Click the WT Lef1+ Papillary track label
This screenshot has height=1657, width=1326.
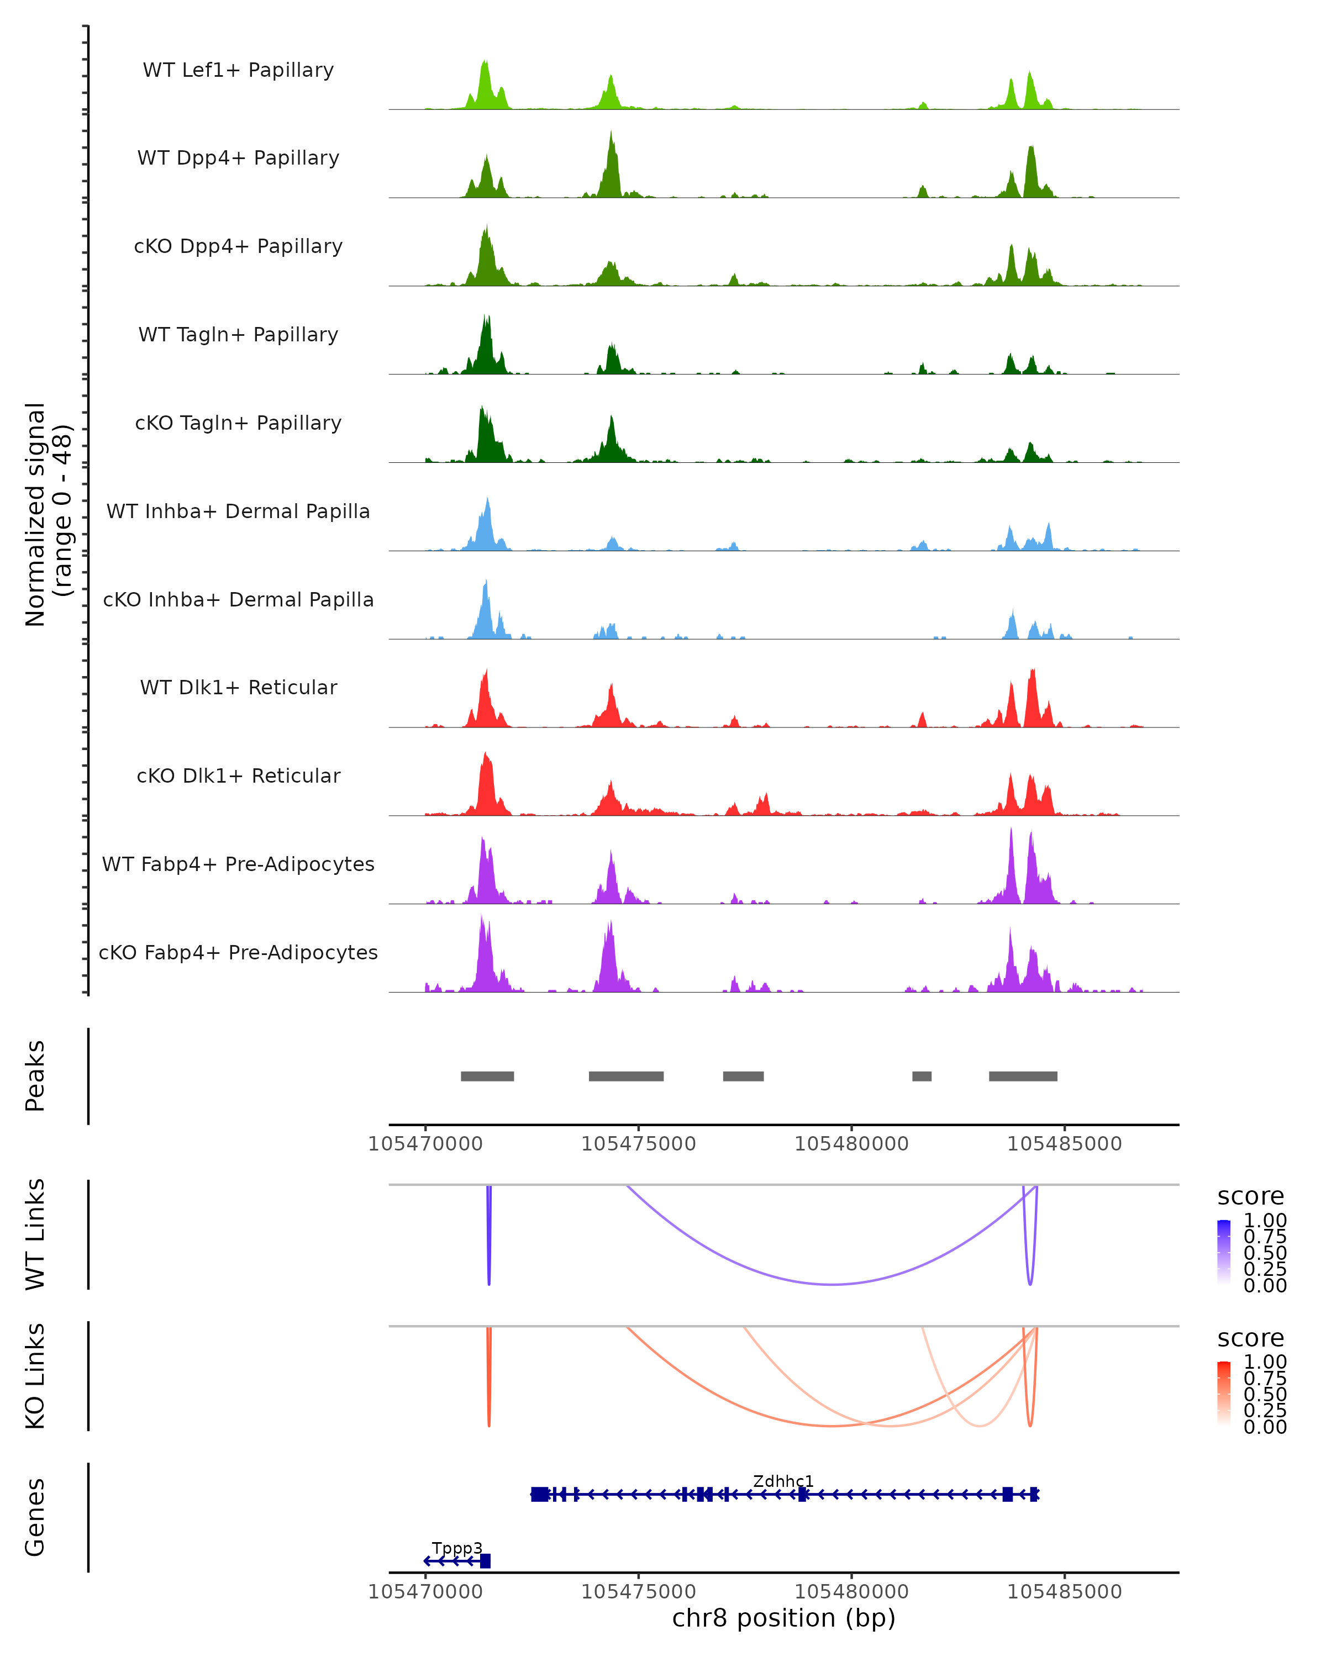[238, 70]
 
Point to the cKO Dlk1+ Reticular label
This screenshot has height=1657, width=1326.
[238, 775]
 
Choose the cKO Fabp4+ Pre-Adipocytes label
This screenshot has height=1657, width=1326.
[238, 952]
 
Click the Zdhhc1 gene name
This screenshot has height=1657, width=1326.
[782, 1481]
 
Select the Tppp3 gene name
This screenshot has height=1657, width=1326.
[456, 1548]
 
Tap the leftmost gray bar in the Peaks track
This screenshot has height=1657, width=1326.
[487, 1076]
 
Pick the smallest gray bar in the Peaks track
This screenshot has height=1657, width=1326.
[922, 1076]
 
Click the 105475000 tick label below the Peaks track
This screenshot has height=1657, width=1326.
[638, 1144]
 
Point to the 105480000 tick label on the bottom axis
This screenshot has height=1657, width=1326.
[852, 1592]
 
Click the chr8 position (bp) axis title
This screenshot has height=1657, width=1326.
[783, 1618]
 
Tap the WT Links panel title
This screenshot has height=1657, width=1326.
[35, 1234]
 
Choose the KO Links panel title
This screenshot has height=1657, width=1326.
[35, 1376]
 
